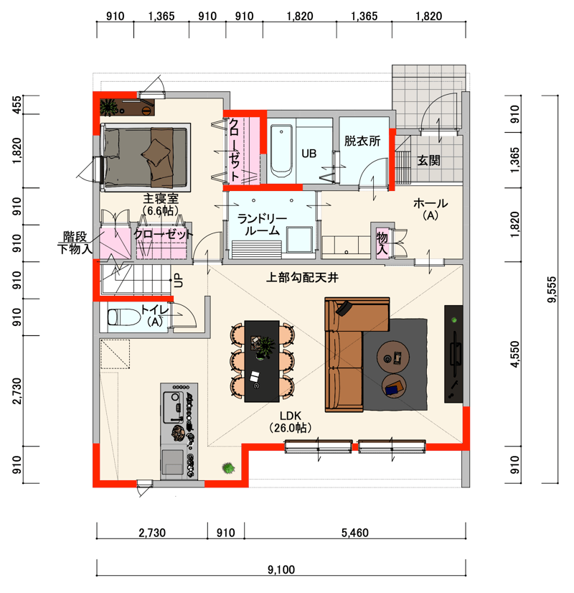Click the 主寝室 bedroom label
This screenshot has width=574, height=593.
(161, 198)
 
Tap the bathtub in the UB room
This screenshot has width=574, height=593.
(281, 151)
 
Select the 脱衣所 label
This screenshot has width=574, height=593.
(362, 141)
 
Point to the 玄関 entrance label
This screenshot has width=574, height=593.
(428, 160)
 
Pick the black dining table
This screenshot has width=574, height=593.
(262, 361)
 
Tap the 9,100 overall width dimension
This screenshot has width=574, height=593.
(281, 569)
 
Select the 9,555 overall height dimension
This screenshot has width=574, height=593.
(552, 289)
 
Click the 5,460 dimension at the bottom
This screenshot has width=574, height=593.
(355, 533)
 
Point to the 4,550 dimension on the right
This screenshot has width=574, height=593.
(514, 354)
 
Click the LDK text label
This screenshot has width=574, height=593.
(290, 416)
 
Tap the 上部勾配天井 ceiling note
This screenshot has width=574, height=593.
(302, 278)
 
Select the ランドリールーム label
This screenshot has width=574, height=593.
(262, 224)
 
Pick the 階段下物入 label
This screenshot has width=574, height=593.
(75, 243)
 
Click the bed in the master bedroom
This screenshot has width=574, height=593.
(146, 158)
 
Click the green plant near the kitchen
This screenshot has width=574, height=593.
(228, 468)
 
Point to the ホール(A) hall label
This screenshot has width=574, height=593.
(430, 209)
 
